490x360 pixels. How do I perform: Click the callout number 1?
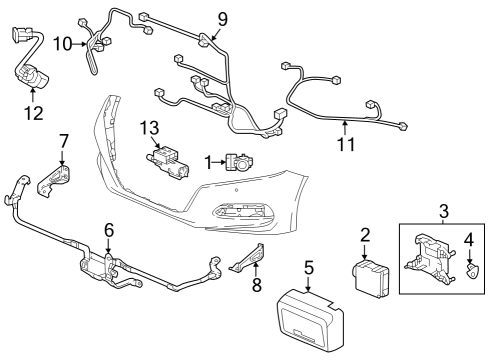[208, 162]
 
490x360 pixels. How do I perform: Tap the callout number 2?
[366, 235]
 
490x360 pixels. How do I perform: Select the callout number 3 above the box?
[442, 211]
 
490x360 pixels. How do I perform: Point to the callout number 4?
[469, 240]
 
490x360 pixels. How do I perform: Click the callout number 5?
[309, 267]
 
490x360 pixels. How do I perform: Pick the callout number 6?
[108, 230]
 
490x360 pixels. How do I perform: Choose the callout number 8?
[255, 286]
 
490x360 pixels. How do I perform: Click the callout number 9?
[222, 18]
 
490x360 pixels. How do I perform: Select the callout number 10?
[62, 44]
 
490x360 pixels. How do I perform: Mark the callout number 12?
[33, 113]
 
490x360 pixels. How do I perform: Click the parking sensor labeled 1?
[239, 162]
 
